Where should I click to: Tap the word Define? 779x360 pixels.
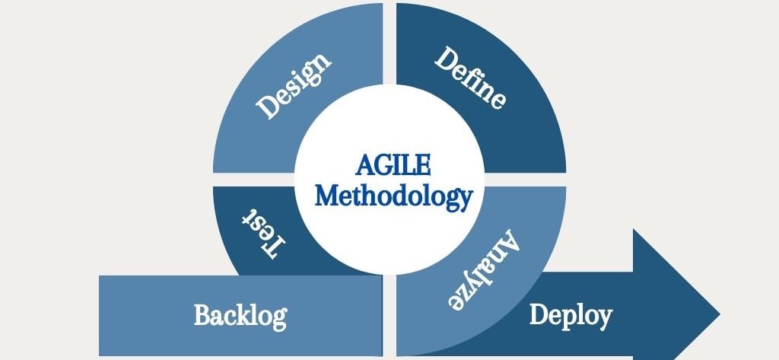470,78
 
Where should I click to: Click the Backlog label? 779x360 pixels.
240,314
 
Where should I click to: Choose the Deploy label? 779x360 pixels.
571,314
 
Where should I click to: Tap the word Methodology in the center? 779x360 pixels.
393,196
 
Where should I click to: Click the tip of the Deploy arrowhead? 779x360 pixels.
719,314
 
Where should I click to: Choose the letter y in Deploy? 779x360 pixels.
604,317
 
